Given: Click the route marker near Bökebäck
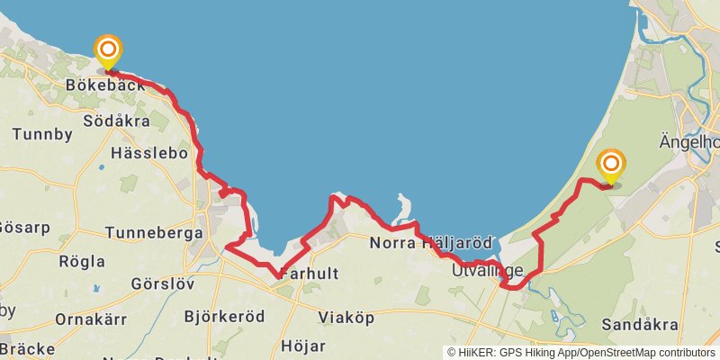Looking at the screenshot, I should [108, 50].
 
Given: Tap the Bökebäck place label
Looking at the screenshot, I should [105, 85].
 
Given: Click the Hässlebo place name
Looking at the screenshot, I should [148, 153].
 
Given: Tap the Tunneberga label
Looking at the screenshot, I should [154, 232].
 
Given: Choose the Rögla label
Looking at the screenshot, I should [82, 261].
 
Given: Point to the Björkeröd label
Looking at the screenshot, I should [224, 317].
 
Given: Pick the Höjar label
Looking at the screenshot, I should [303, 345].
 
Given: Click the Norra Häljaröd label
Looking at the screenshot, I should [431, 243].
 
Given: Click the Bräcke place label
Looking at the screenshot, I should [26, 347].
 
